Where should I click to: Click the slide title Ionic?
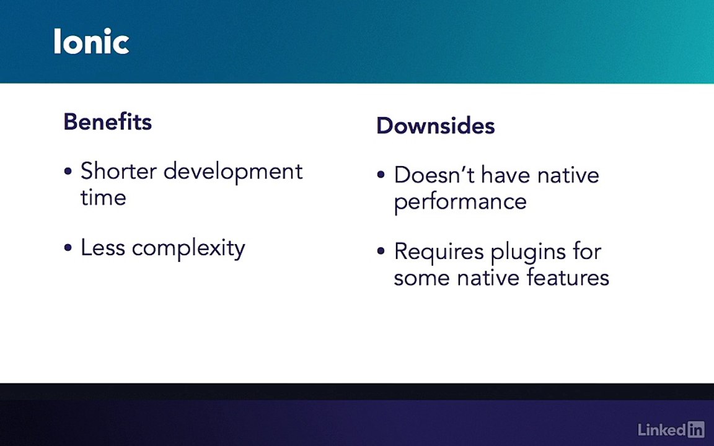click(x=92, y=42)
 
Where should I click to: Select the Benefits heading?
click(x=107, y=121)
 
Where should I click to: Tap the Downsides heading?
click(x=435, y=126)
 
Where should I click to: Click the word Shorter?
click(x=119, y=171)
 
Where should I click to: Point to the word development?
click(x=233, y=172)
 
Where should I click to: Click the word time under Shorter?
click(x=104, y=198)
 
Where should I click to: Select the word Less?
click(x=103, y=248)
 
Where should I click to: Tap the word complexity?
click(x=188, y=249)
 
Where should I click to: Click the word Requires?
click(x=439, y=252)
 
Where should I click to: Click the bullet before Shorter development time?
click(x=68, y=172)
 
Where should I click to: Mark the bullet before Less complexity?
click(x=68, y=248)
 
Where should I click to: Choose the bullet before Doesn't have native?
click(x=381, y=175)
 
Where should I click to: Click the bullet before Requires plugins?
click(x=381, y=251)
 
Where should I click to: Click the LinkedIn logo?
click(x=671, y=429)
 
